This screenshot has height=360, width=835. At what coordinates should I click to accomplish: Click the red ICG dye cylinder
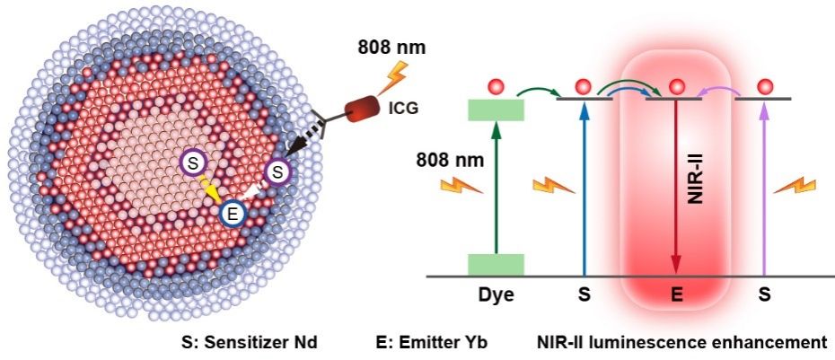pos(364,110)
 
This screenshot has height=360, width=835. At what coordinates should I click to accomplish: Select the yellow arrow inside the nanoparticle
pos(211,191)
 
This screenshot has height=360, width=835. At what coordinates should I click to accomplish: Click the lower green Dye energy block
pos(496,264)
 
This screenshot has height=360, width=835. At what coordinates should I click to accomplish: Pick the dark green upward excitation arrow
pos(495,189)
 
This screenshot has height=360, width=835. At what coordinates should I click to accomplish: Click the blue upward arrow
pos(584,189)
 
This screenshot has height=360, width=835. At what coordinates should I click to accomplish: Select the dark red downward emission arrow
pos(676,189)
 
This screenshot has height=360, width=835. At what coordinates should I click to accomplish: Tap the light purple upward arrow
pos(764,189)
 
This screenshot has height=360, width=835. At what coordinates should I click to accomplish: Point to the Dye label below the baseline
pos(496,294)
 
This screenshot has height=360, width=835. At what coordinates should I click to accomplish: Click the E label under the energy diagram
pos(676,294)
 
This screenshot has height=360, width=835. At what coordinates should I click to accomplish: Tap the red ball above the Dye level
pos(495,87)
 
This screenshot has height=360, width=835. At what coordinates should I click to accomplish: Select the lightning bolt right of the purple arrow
pos(795,185)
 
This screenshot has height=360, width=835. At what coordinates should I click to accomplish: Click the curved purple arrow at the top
pos(720,84)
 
